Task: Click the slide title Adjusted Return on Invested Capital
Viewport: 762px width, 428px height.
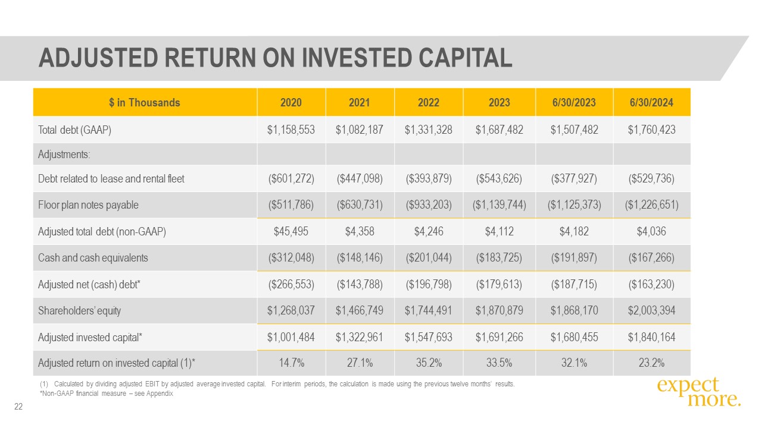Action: [x=275, y=58]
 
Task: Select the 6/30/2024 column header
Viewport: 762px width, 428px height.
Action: [x=651, y=103]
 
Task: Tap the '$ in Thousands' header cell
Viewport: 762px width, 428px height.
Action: [x=145, y=103]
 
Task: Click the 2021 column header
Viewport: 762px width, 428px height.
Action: [x=360, y=103]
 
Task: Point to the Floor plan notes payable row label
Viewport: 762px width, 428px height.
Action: [x=88, y=205]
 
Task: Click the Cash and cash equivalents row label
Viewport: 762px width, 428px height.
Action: [x=93, y=258]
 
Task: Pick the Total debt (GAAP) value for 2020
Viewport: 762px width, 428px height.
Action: [x=291, y=130]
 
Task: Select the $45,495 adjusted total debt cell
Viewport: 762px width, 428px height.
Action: [x=291, y=232]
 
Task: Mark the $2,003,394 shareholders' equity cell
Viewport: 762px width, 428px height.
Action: [x=651, y=311]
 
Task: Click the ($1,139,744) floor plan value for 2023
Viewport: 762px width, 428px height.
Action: [x=499, y=205]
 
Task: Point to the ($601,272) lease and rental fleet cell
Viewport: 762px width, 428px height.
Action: [x=291, y=178]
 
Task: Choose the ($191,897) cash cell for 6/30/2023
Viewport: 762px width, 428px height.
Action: [x=574, y=258]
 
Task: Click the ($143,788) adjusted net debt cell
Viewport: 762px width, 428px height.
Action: [x=360, y=285]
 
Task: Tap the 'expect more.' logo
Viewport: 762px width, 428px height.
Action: [x=699, y=392]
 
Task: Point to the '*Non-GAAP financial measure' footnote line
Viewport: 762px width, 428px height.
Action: [x=106, y=394]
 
